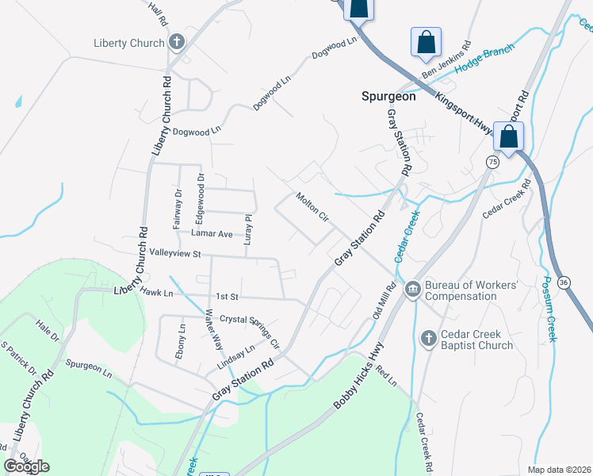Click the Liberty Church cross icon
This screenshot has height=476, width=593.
pyautogui.click(x=176, y=43)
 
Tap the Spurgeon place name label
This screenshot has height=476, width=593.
pyautogui.click(x=388, y=96)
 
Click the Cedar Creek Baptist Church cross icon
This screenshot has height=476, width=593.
pyautogui.click(x=428, y=339)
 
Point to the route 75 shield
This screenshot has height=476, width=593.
pyautogui.click(x=492, y=162)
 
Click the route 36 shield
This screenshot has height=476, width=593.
pyautogui.click(x=564, y=282)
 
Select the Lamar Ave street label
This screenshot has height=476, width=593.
pyautogui.click(x=212, y=234)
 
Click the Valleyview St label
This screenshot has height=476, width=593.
pyautogui.click(x=176, y=254)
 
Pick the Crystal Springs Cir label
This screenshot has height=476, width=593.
pyautogui.click(x=250, y=327)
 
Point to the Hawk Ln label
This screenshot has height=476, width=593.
pyautogui.click(x=156, y=293)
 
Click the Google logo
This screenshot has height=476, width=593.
pyautogui.click(x=27, y=466)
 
